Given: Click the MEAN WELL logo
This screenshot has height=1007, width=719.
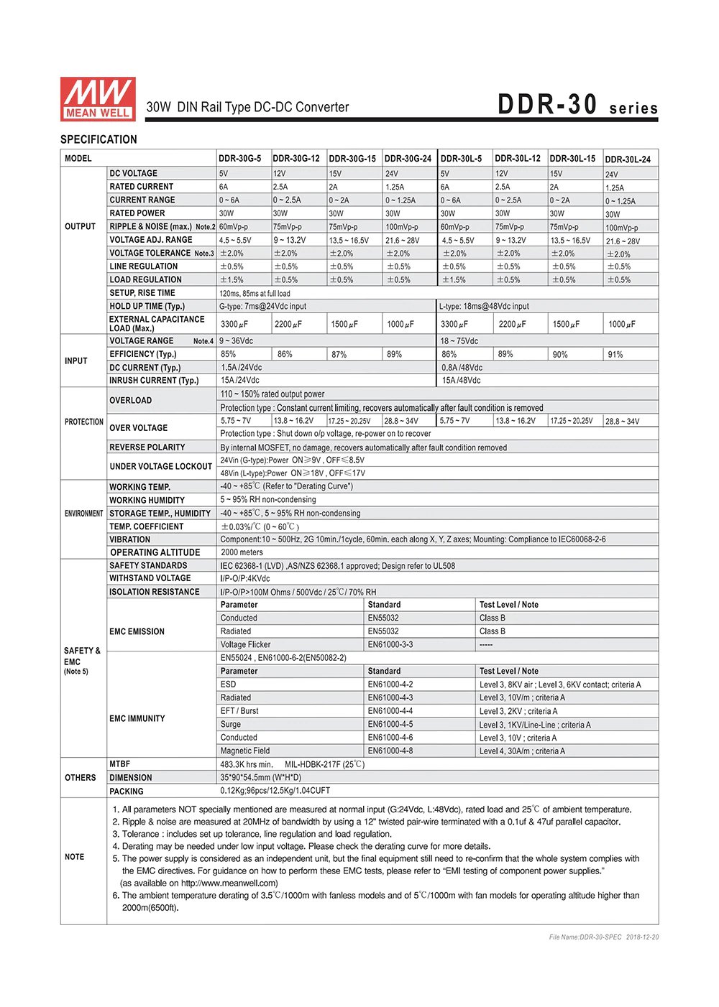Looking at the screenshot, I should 98,98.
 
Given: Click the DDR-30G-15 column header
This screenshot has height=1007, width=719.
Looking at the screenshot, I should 352,159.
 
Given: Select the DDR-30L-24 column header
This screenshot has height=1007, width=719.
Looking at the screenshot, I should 628,159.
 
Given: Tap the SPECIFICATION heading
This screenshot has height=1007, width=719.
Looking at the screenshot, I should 99,139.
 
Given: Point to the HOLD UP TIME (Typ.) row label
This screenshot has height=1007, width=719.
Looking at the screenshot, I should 147,306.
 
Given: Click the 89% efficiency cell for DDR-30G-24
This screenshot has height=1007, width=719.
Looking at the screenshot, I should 394,354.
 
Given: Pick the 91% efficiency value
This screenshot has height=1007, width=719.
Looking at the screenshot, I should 615,354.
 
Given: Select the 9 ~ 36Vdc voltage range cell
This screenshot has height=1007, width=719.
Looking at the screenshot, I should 237,341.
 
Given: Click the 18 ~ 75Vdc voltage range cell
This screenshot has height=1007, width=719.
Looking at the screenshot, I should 459,341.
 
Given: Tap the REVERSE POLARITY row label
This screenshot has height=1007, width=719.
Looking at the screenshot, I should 147,447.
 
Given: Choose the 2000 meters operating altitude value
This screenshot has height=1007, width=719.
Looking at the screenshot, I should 242,552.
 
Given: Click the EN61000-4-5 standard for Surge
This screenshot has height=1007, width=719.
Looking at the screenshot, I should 390,724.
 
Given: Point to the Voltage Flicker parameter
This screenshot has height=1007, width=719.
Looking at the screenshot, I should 245,644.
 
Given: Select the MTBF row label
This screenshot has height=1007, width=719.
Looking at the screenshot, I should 120,764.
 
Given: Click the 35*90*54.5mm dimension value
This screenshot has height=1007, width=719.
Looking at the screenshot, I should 260,777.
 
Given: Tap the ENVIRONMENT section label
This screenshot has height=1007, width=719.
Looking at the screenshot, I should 84,514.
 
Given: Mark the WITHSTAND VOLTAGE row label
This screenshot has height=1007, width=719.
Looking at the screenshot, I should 150,578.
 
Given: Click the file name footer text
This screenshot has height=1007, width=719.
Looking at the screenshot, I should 603,937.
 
